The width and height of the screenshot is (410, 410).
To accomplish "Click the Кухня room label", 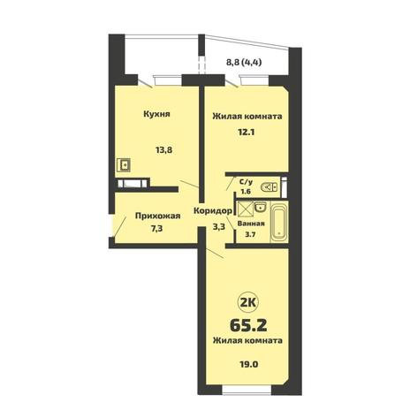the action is pyautogui.click(x=156, y=114).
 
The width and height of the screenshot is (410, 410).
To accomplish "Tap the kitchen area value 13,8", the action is pyautogui.click(x=163, y=150).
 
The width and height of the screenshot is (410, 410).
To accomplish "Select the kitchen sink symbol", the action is pyautogui.click(x=124, y=164).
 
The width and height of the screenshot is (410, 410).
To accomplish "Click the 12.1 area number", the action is pyautogui.click(x=246, y=132).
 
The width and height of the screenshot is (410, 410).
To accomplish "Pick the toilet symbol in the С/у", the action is pyautogui.click(x=269, y=186).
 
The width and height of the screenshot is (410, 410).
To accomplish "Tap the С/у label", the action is pyautogui.click(x=246, y=182).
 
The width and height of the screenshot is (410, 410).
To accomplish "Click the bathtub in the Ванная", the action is pyautogui.click(x=278, y=222).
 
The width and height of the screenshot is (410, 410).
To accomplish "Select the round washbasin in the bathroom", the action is pyautogui.click(x=261, y=207).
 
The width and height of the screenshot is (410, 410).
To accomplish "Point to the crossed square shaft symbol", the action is pyautogui.click(x=246, y=209).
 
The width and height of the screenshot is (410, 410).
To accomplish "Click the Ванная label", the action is pyautogui.click(x=251, y=224).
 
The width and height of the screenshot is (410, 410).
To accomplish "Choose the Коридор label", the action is pyautogui.click(x=213, y=211).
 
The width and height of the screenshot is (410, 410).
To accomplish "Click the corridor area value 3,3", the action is pyautogui.click(x=219, y=227).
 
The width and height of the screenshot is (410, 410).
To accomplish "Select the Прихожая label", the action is pyautogui.click(x=157, y=216).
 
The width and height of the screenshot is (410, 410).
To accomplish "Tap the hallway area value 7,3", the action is pyautogui.click(x=157, y=229).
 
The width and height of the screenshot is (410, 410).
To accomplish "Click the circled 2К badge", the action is pyautogui.click(x=248, y=303).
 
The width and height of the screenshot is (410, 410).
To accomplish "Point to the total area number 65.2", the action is pyautogui.click(x=248, y=325).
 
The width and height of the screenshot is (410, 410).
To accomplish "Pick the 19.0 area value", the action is pyautogui.click(x=249, y=364).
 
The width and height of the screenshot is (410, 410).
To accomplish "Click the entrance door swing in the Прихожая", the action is pyautogui.click(x=120, y=226).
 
